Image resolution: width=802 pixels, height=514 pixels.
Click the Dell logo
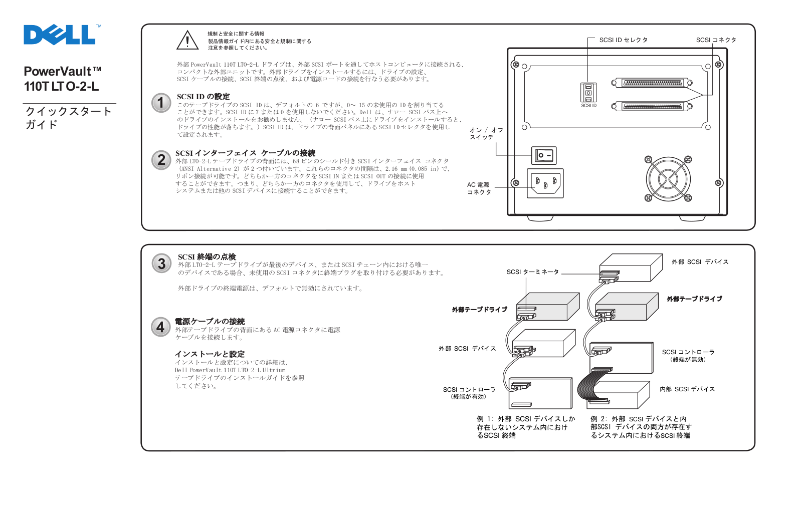point(60,35)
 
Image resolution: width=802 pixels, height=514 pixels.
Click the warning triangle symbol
point(187,41)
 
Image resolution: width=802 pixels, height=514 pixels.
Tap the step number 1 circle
point(161,103)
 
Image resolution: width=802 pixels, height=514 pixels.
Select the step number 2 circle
point(161,160)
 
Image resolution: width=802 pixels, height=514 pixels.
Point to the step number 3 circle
point(161,264)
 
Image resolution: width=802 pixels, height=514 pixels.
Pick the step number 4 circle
point(160,327)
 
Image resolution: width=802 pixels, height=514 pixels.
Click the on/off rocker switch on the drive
point(544,155)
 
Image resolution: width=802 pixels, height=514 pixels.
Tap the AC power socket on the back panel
point(545,183)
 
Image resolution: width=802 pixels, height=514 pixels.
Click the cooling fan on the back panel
point(668,179)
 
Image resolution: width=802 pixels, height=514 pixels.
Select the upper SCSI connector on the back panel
point(652,83)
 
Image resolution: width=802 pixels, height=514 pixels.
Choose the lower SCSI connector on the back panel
point(652,106)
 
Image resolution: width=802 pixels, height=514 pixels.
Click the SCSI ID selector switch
point(588,93)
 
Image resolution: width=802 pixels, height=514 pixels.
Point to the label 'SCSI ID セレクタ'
point(623,40)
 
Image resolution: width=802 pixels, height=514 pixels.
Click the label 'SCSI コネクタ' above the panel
point(716,40)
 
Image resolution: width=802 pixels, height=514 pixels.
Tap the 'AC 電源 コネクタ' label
point(479,188)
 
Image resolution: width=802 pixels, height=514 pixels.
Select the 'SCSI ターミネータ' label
point(532,272)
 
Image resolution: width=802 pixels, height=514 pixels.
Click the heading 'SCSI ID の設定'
point(203,97)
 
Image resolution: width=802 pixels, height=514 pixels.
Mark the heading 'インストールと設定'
point(210,354)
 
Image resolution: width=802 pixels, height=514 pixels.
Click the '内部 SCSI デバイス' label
point(687,389)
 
